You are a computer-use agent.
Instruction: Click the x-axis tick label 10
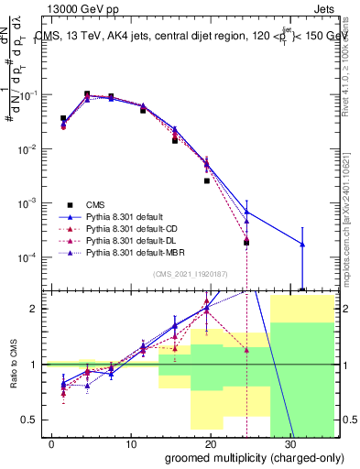tap(130, 444)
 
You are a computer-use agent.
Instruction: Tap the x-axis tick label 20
tap(210, 444)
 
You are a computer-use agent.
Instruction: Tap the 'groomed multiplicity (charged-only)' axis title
tap(250, 457)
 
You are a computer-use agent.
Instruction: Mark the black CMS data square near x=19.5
tap(207, 180)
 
